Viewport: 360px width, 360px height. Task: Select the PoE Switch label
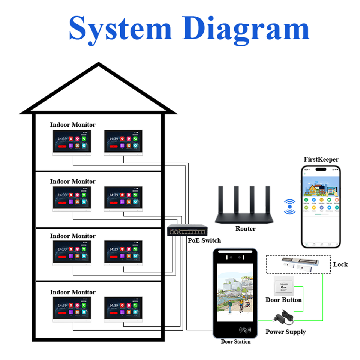(204, 240)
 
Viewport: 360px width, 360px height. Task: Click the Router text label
(245, 228)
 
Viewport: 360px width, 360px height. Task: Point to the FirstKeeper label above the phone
(321, 160)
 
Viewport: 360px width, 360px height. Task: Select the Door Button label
(283, 300)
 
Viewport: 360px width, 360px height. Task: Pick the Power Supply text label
(285, 331)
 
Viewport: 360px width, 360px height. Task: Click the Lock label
(340, 264)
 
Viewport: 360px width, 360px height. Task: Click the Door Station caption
(235, 341)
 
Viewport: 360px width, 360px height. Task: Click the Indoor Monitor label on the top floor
(73, 124)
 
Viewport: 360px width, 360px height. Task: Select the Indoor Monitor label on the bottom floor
(73, 292)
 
